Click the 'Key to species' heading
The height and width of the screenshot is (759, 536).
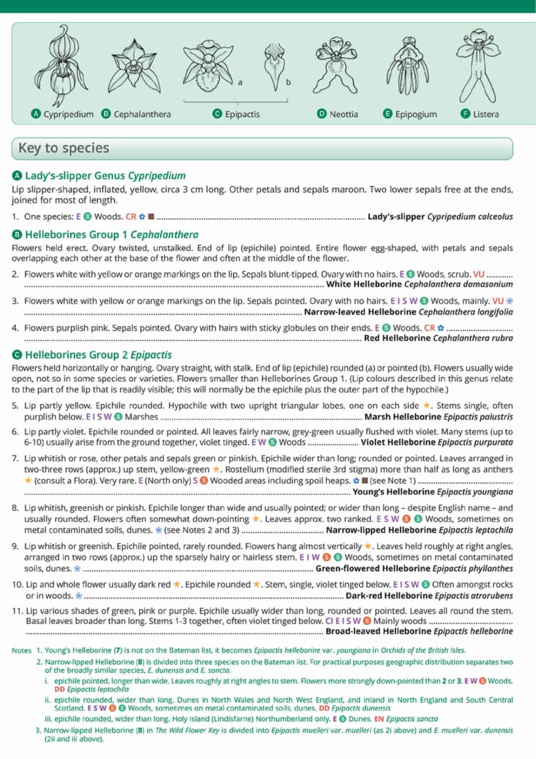coord(64,148)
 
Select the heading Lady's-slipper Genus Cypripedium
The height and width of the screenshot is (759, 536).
coord(105,175)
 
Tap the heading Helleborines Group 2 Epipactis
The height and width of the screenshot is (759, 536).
coord(98,355)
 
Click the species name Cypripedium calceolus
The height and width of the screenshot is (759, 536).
coord(470,216)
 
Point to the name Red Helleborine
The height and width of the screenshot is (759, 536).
coord(397,338)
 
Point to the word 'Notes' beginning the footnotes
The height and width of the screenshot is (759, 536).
coord(21,650)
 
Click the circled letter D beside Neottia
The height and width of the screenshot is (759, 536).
coord(322,114)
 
